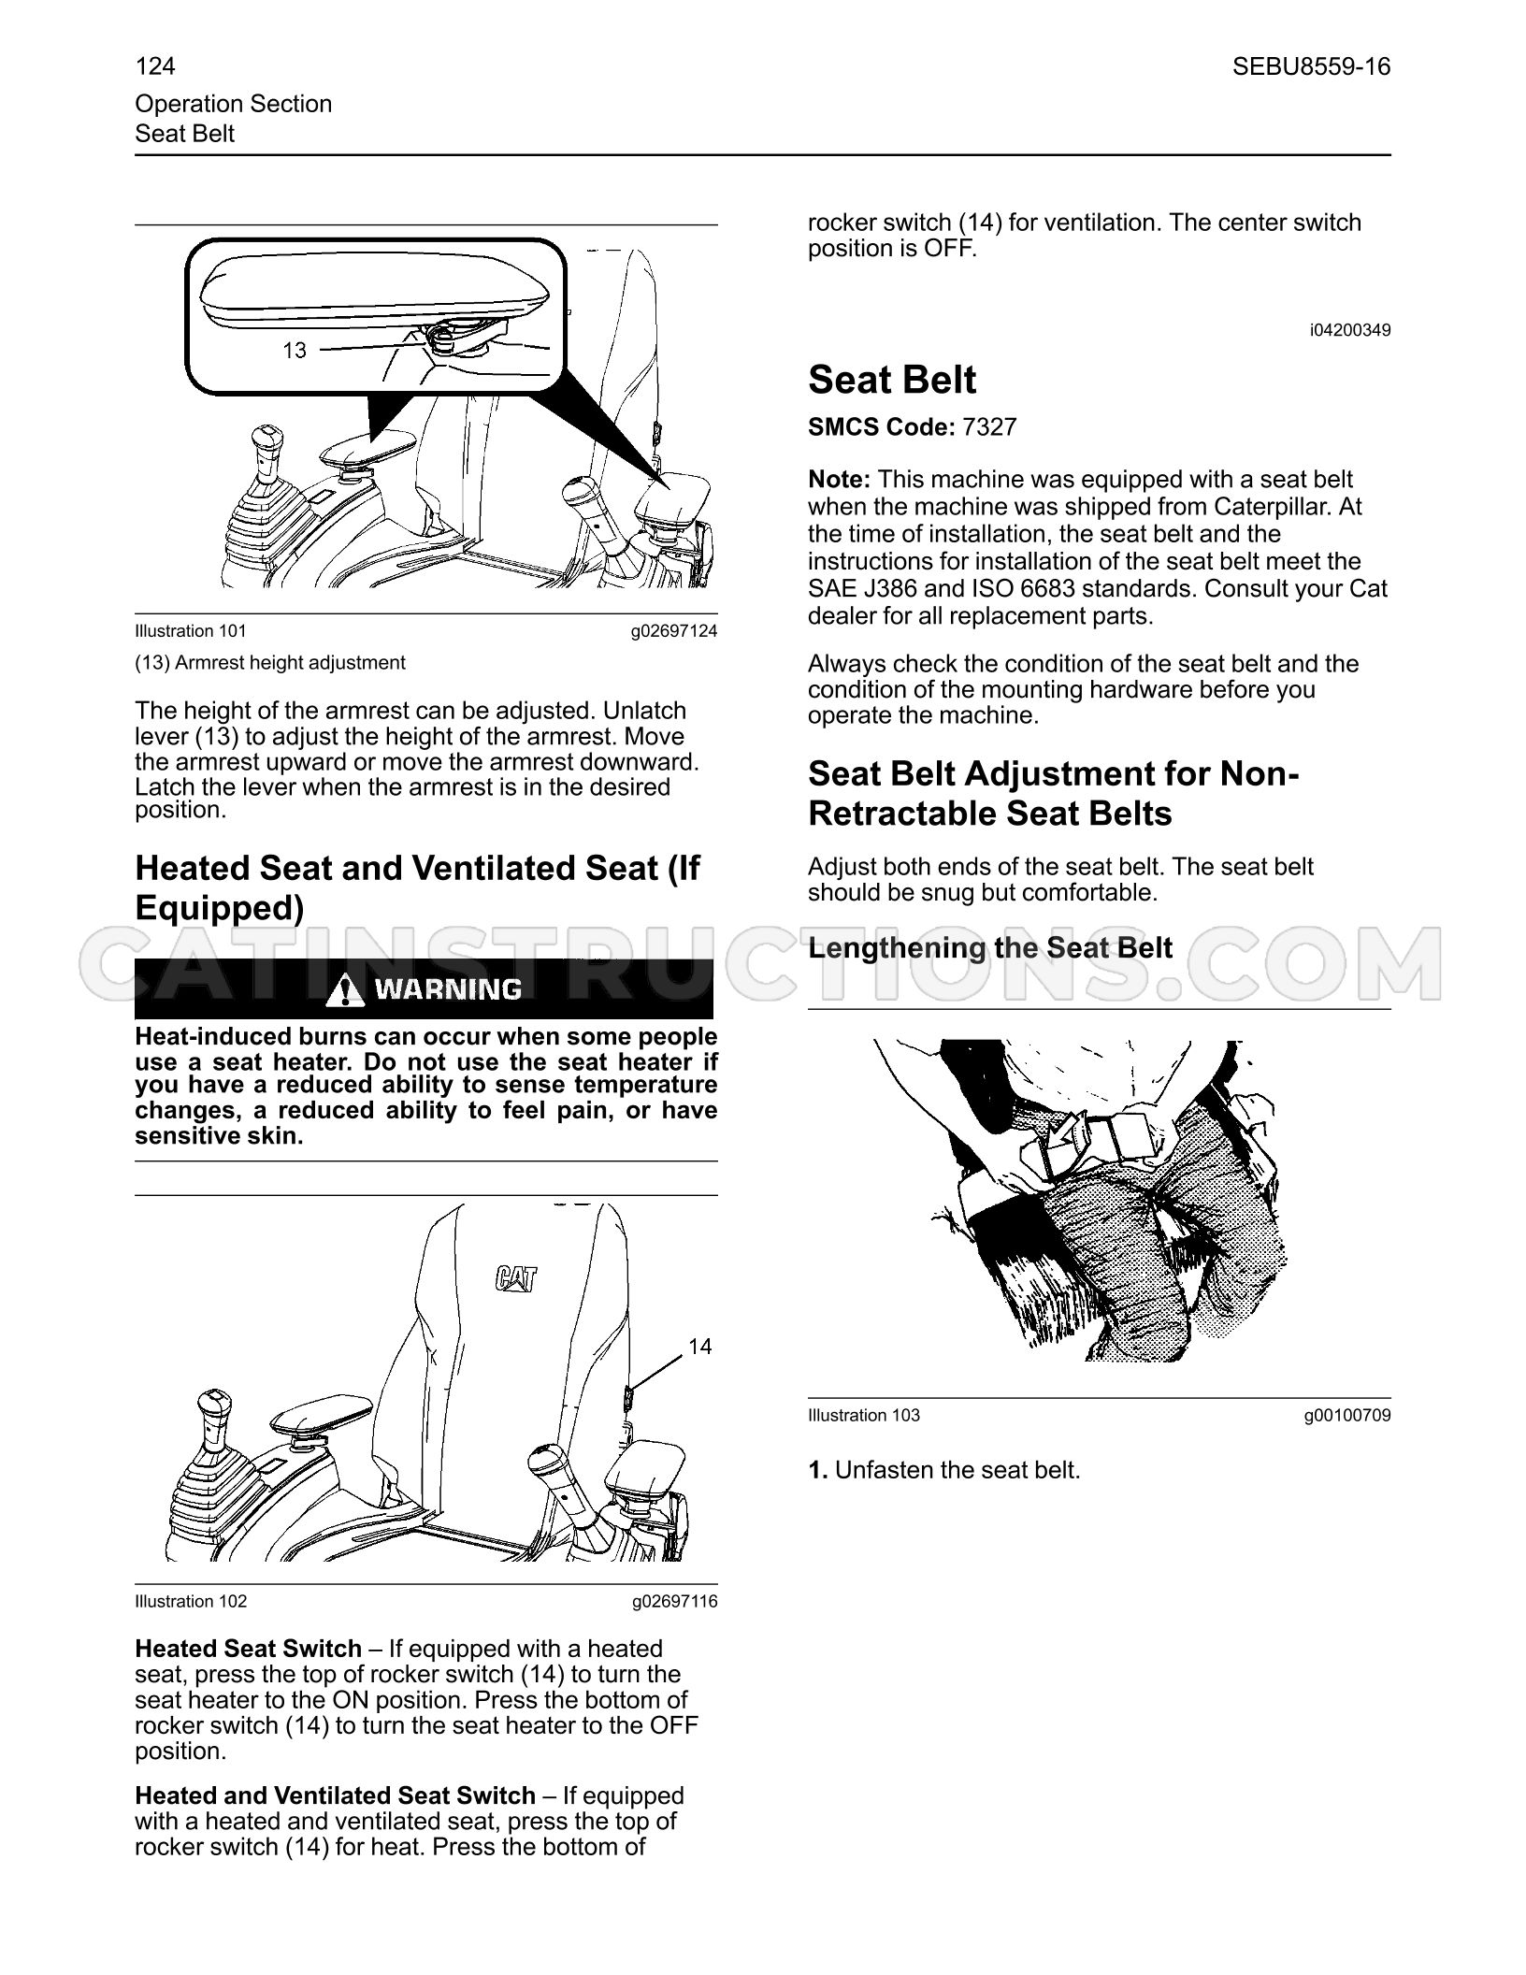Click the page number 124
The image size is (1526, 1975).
tap(155, 66)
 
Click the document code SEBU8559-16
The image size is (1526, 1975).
tap(1311, 66)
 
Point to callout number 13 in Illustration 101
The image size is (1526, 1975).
tap(295, 351)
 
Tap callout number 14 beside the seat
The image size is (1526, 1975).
tap(699, 1346)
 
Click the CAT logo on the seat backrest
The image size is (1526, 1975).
tap(516, 1277)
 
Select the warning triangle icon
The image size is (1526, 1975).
tap(346, 988)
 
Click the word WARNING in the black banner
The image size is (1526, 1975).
tap(448, 988)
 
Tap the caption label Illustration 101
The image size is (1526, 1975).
tap(191, 631)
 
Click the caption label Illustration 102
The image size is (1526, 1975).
tap(191, 1601)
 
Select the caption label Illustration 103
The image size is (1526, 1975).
tap(864, 1415)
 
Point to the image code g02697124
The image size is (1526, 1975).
tap(674, 631)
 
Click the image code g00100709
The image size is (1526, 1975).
tap(1347, 1415)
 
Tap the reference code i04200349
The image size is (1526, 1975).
tap(1350, 330)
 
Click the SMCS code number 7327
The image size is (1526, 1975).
tap(988, 427)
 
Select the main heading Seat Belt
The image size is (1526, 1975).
tap(892, 380)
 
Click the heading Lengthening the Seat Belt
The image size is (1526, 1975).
tap(990, 948)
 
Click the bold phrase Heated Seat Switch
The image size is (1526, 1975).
tap(249, 1649)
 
